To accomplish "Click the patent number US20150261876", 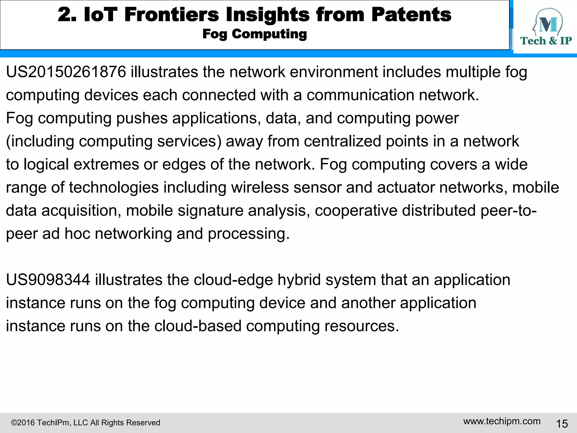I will coord(66,72).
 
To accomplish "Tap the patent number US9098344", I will coord(48,280).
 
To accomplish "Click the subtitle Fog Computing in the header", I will coord(254,34).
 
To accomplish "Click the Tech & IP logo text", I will coord(546,41).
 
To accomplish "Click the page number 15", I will coord(562,424).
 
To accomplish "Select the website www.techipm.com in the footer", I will coord(502,421).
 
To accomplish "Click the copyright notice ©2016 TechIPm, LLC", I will coord(85,423).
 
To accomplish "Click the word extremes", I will coord(106,164).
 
